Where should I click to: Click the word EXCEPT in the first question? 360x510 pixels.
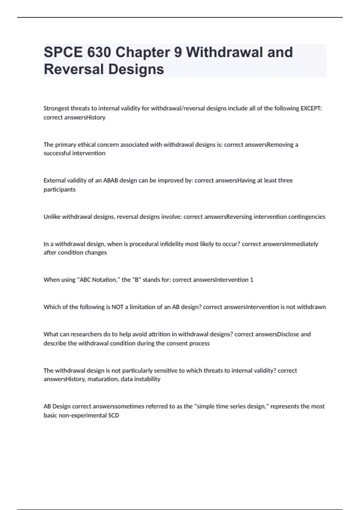[x=311, y=108]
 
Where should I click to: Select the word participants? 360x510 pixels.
[x=59, y=189]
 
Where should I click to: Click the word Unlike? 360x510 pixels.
[x=52, y=217]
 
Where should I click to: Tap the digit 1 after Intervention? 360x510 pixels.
[x=252, y=280]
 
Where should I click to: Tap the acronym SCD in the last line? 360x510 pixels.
[x=114, y=415]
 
